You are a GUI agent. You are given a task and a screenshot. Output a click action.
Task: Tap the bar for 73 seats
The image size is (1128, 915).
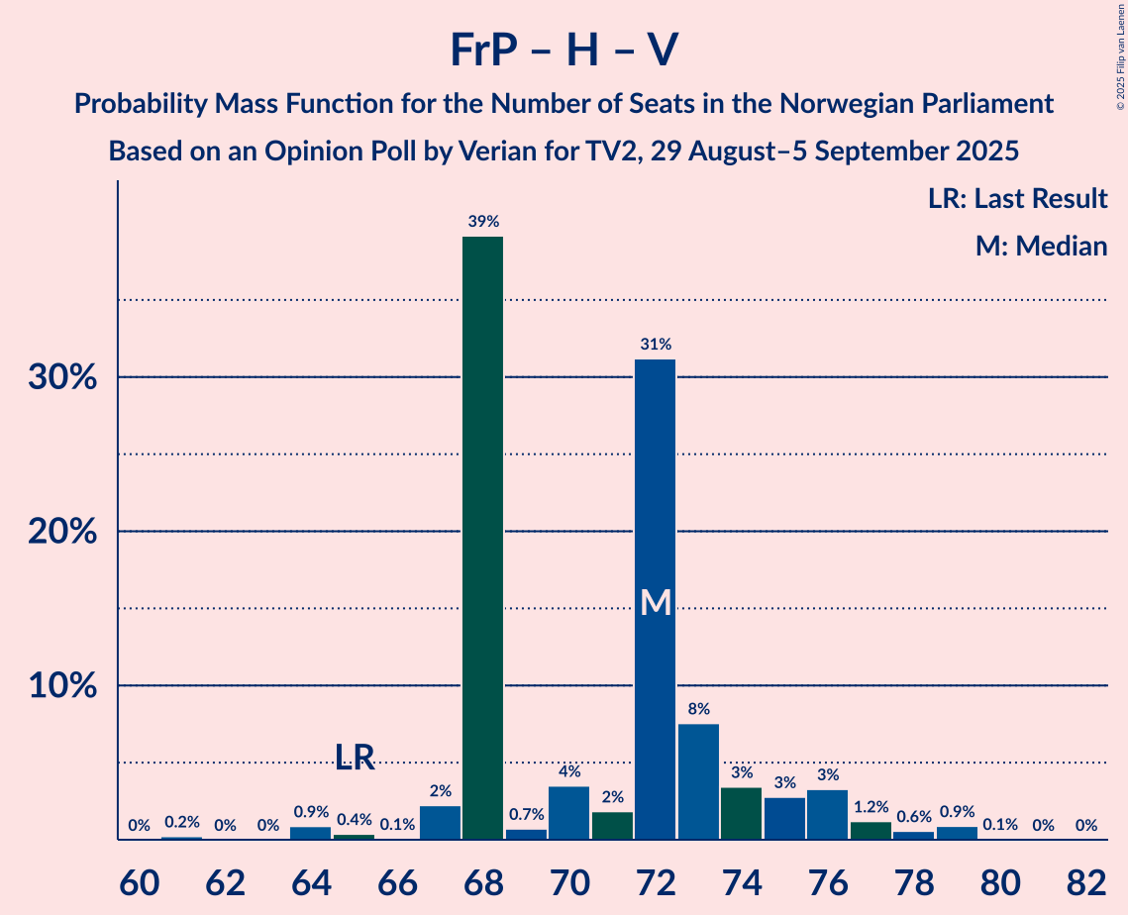(698, 781)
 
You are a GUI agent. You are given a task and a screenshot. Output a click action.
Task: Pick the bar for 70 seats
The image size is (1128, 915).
(568, 812)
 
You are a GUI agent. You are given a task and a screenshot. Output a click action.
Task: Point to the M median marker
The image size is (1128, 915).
(655, 602)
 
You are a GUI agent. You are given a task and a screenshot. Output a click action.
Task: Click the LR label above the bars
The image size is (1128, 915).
(354, 758)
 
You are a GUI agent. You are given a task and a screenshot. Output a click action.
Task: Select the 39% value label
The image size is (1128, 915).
(482, 222)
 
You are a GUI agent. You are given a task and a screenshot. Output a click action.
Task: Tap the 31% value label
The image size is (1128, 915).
(655, 345)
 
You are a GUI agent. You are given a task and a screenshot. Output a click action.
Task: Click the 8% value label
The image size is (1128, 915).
(698, 709)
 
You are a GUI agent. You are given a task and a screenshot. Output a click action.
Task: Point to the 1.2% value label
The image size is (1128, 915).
(871, 807)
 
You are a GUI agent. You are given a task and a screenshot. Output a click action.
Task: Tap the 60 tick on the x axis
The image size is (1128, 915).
(140, 880)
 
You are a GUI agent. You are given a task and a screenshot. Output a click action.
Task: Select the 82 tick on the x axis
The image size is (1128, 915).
(1085, 880)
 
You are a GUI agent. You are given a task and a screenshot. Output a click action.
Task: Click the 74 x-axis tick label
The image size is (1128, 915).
(741, 880)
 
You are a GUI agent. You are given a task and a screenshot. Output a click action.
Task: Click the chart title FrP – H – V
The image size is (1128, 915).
(564, 50)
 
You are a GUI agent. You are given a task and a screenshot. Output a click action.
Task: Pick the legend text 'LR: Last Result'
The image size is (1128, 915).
(1017, 199)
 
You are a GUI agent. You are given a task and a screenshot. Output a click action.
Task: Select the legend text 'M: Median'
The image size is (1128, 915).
(1041, 246)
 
